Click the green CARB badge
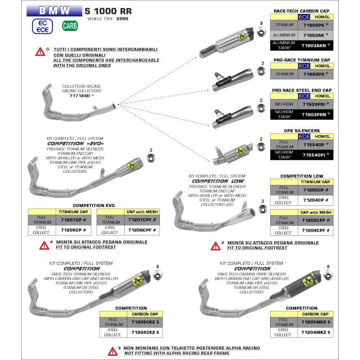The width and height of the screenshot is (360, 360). coord(70,26)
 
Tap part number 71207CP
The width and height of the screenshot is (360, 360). coord(72,220)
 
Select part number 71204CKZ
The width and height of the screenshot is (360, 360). coord(144,333)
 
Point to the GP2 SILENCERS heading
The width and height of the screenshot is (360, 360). coord(302,130)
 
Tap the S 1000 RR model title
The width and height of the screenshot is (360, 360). coord(108,10)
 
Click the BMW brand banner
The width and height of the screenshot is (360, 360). coord(54,10)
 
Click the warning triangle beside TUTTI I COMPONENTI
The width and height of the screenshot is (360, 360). coord(40,51)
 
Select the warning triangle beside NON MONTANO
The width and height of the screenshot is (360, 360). coord(112,351)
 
